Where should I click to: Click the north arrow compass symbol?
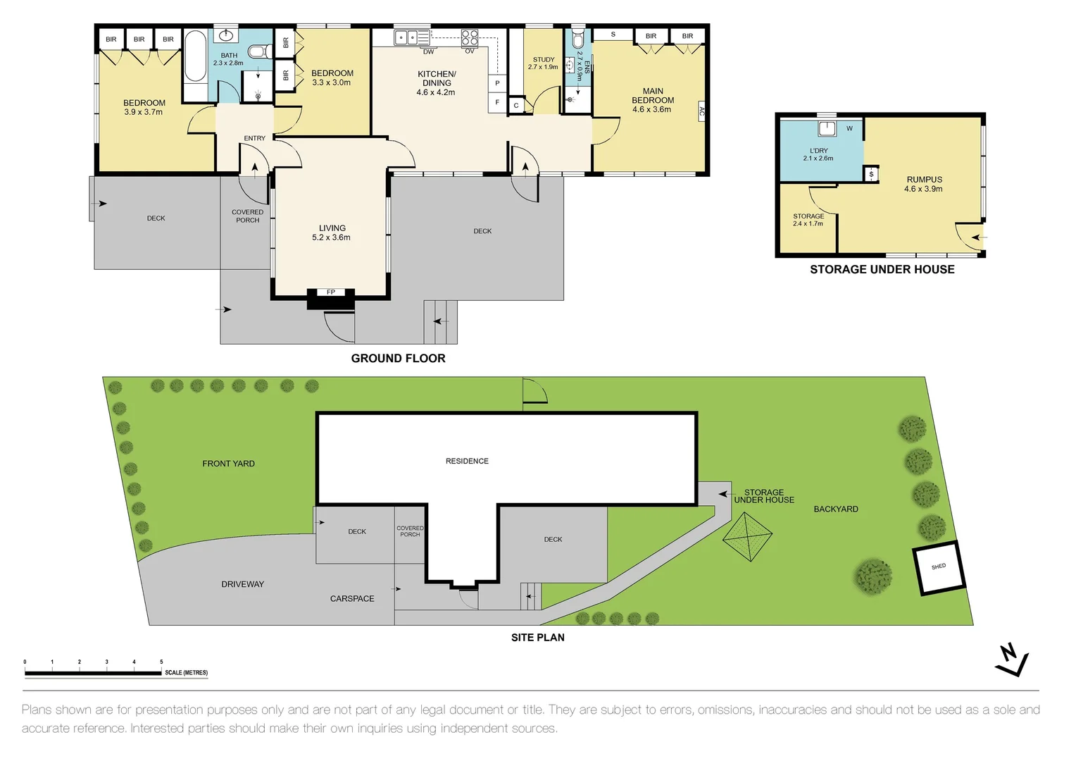click(x=1012, y=660)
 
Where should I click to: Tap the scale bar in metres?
click(x=93, y=673)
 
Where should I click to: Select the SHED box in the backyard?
click(x=939, y=568)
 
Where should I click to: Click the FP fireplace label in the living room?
click(x=330, y=292)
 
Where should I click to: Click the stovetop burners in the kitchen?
click(x=470, y=37)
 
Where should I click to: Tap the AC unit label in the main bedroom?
click(x=701, y=111)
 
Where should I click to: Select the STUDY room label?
click(x=543, y=60)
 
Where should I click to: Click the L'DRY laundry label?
click(x=818, y=151)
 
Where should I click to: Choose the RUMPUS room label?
click(x=924, y=180)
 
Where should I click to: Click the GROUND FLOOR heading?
click(x=398, y=358)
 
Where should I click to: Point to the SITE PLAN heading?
click(x=537, y=637)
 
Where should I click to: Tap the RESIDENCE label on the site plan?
click(x=467, y=461)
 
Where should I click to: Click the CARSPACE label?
click(x=352, y=598)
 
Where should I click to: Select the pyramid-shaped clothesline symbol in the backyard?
click(x=747, y=537)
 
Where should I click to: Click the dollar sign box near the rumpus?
click(x=871, y=174)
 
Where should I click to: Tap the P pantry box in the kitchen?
click(x=497, y=83)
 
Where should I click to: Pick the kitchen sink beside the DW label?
click(x=411, y=37)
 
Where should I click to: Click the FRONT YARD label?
click(x=228, y=463)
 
